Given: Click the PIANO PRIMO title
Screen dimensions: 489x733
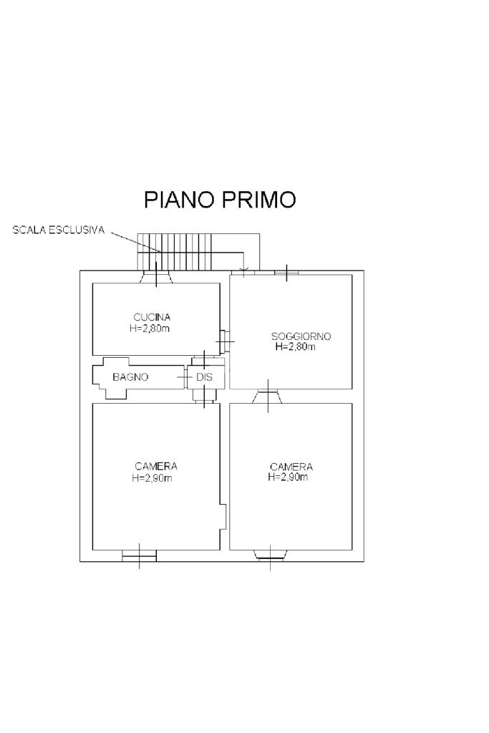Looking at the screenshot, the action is pyautogui.click(x=220, y=200).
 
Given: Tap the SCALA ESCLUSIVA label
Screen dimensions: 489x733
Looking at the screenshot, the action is pyautogui.click(x=59, y=230).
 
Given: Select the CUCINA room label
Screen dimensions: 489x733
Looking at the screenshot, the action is pyautogui.click(x=152, y=316).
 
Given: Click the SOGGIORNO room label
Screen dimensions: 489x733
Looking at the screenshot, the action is pyautogui.click(x=301, y=336).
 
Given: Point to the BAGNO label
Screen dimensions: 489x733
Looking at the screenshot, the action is pyautogui.click(x=130, y=377).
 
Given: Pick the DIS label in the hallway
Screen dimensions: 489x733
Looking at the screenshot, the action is pyautogui.click(x=205, y=377).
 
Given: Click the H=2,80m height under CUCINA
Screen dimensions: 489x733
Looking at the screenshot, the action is pyautogui.click(x=150, y=328).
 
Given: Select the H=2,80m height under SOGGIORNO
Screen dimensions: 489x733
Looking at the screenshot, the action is pyautogui.click(x=296, y=346).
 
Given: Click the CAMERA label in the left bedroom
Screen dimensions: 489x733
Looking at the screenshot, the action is pyautogui.click(x=156, y=466).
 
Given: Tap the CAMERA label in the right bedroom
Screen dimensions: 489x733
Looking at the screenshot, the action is pyautogui.click(x=291, y=467).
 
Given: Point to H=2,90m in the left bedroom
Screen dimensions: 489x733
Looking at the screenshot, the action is pyautogui.click(x=152, y=477).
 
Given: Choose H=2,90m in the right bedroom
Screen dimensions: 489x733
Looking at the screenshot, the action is pyautogui.click(x=289, y=477).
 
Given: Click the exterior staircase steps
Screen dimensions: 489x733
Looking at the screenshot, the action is pyautogui.click(x=175, y=251).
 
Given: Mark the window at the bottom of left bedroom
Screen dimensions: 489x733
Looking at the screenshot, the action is pyautogui.click(x=139, y=555).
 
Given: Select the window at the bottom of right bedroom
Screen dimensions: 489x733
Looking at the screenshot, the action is pyautogui.click(x=271, y=553).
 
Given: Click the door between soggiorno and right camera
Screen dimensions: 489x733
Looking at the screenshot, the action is pyautogui.click(x=268, y=396).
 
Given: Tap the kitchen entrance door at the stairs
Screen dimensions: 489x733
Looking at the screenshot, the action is pyautogui.click(x=156, y=276).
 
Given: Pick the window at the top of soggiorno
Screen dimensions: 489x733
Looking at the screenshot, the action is pyautogui.click(x=286, y=272).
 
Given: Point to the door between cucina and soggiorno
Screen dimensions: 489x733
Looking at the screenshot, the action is pyautogui.click(x=224, y=341).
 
